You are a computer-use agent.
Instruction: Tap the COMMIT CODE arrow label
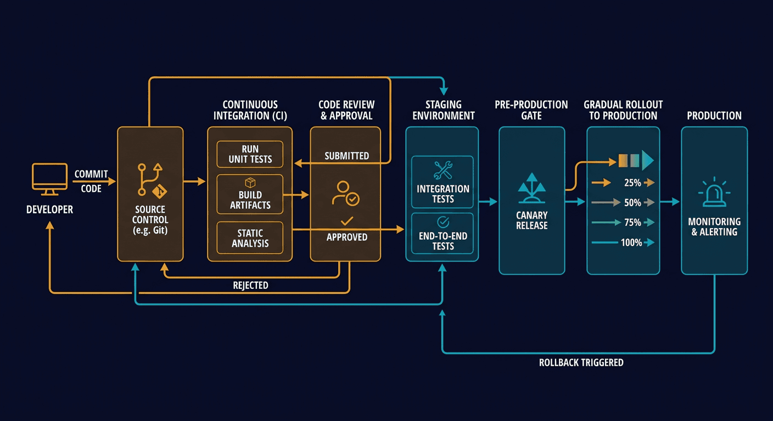coord(91,180)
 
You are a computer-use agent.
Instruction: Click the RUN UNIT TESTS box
coord(250,154)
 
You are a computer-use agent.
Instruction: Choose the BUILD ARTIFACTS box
coord(250,194)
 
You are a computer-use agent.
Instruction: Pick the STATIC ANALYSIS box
coord(250,237)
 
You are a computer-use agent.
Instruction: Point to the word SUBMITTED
coord(346,156)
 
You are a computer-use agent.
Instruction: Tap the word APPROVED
coord(346,237)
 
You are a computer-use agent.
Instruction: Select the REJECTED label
coord(250,285)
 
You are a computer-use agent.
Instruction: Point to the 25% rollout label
coord(632,183)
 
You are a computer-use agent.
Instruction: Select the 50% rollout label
coord(632,203)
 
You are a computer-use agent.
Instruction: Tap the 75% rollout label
coord(632,223)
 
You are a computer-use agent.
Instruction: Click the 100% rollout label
coord(631,242)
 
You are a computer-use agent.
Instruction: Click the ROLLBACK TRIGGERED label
coord(581,363)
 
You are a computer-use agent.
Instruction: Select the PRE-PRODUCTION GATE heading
coord(531,110)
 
